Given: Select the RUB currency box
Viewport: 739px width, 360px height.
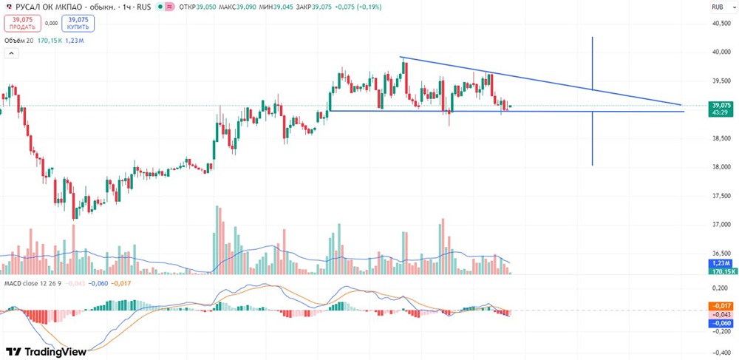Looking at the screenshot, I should (716, 7).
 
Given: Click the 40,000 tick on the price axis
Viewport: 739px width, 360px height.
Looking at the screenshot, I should (720, 52).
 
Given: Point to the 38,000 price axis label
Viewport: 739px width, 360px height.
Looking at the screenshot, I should (720, 167).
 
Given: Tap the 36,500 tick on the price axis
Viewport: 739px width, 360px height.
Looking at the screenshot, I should (720, 253).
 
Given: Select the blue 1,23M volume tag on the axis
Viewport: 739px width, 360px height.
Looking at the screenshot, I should (721, 263).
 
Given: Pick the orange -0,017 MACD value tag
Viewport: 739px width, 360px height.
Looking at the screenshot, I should (721, 305).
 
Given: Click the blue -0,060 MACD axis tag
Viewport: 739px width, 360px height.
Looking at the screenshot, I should (721, 323).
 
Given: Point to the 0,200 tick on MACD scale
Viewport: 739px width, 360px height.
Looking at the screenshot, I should (720, 288).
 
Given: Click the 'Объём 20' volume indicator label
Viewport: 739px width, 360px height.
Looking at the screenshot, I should (20, 41).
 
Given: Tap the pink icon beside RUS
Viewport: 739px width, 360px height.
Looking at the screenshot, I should (170, 7).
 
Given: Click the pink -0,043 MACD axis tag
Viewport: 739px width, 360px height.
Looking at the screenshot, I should (721, 314).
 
